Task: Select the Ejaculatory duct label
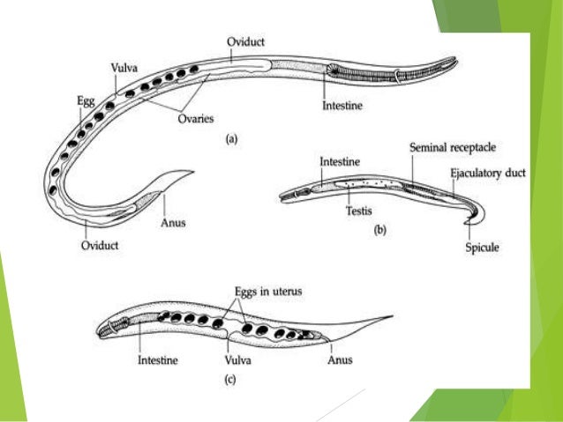point(487,174)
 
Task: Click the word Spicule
point(482,248)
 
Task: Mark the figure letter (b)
point(380,232)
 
